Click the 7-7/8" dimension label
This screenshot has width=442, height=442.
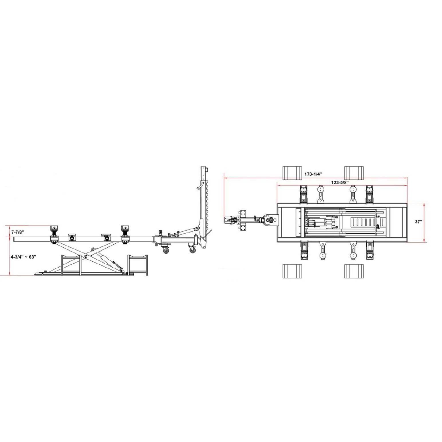point(18,232)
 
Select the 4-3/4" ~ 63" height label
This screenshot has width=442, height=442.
point(23,257)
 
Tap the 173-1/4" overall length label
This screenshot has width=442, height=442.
point(313,174)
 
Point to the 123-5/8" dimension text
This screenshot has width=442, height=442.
point(340,182)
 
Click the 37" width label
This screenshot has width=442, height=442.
point(418,222)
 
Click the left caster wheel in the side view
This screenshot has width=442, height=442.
point(166,250)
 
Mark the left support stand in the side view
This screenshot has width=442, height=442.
point(71,265)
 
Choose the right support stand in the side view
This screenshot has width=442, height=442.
point(138,265)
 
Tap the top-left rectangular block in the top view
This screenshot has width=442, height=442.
point(292,173)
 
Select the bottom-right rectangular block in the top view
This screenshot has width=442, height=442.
point(354,271)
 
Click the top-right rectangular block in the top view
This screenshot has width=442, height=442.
point(354,173)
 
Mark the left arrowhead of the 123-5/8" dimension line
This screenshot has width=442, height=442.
point(278,186)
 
